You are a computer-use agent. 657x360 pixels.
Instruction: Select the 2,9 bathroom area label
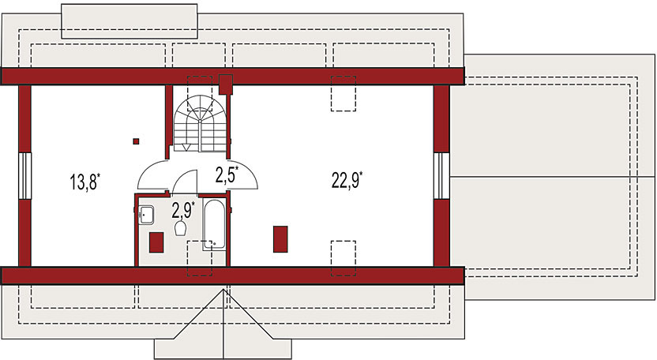[x=182, y=209]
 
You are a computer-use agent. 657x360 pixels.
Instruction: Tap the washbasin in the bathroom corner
[x=148, y=214]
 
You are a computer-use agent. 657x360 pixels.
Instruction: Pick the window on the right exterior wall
[x=441, y=174]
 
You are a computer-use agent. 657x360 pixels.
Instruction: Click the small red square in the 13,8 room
[x=137, y=141]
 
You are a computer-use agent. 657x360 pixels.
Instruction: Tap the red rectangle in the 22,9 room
[x=280, y=238]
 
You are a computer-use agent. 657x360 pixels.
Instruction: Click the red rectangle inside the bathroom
[x=156, y=242]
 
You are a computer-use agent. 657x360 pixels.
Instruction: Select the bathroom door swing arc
[x=185, y=181]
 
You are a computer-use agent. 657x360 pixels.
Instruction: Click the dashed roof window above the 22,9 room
[x=343, y=93]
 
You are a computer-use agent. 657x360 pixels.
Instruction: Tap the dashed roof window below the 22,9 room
[x=343, y=257]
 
